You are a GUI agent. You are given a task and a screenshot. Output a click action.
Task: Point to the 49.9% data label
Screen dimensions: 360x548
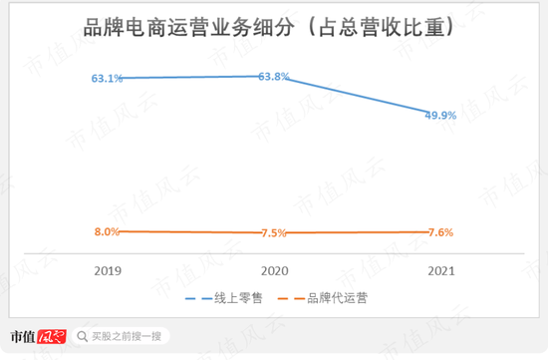pyautogui.click(x=439, y=115)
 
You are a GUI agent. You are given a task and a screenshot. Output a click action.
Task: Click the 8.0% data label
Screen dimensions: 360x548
pyautogui.click(x=107, y=231)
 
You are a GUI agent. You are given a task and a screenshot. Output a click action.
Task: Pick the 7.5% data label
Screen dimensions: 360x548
pyautogui.click(x=273, y=233)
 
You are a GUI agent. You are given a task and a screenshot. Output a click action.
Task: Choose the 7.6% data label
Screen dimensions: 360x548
pyautogui.click(x=439, y=232)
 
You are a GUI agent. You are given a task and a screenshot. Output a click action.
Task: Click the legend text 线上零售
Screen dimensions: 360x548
pyautogui.click(x=238, y=298)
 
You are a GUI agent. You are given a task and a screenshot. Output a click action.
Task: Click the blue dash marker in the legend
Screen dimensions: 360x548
pyautogui.click(x=197, y=298)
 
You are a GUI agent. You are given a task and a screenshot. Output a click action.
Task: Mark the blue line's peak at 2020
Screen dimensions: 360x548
pyautogui.click(x=276, y=76)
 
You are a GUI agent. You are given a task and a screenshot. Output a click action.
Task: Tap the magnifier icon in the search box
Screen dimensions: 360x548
pyautogui.click(x=83, y=337)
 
